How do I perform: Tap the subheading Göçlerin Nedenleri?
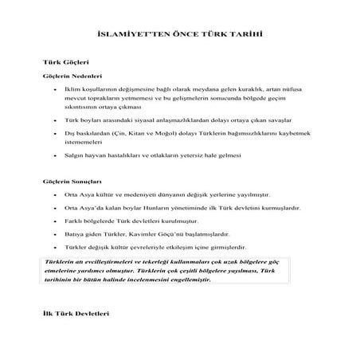click(70, 76)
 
